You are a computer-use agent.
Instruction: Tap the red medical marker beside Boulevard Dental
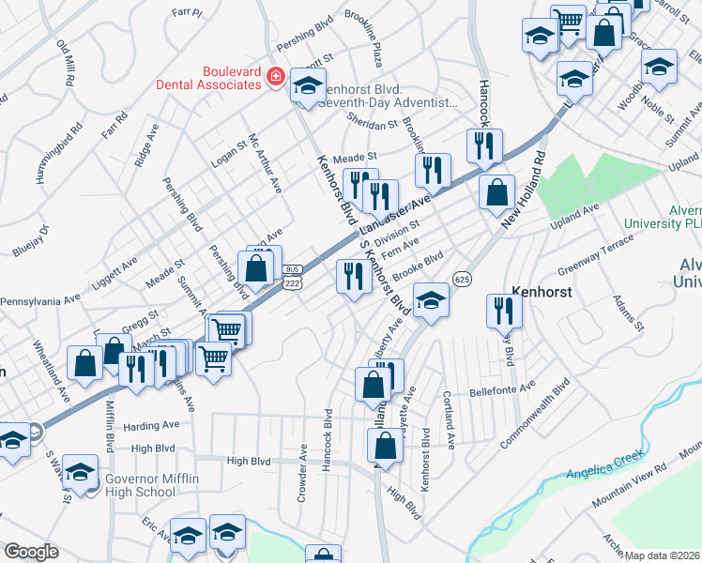(x=275, y=76)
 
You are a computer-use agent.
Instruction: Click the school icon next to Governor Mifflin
(x=81, y=471)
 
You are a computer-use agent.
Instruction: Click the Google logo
(x=31, y=552)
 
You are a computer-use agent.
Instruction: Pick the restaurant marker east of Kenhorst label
(x=504, y=309)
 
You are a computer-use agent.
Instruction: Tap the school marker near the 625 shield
(x=431, y=299)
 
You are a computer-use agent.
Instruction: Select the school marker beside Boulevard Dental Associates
(x=308, y=85)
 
